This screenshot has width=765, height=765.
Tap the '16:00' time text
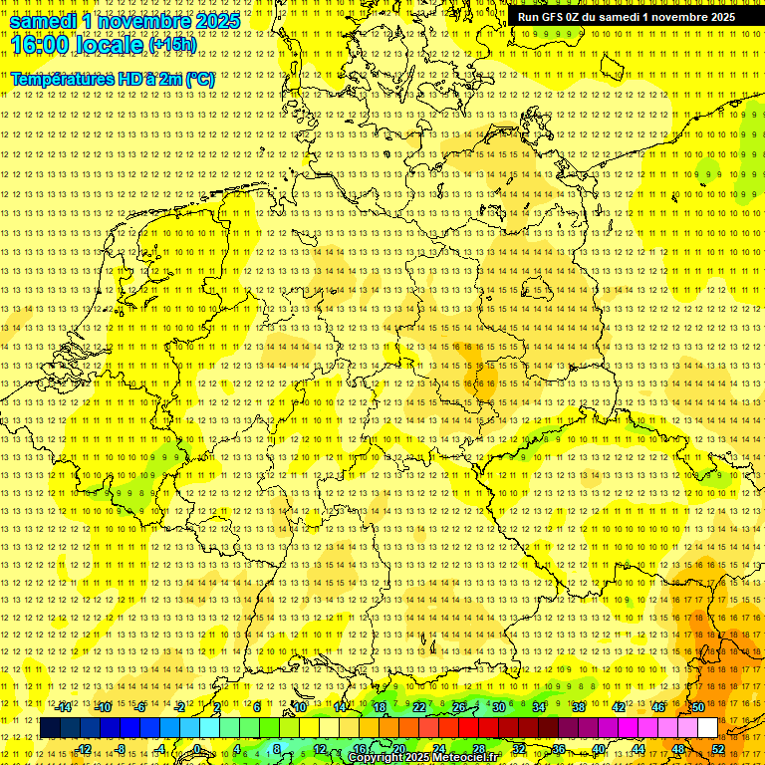45,44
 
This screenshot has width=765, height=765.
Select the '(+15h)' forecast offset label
172,45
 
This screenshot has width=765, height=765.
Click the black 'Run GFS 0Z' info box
627,16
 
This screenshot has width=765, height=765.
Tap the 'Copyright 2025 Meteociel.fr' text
429,758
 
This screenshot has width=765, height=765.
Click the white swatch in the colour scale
708,727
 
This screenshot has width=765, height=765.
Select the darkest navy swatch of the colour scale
51,727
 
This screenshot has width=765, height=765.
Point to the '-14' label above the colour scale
64,707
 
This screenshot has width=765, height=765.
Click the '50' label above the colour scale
697,707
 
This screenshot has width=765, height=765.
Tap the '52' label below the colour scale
717,748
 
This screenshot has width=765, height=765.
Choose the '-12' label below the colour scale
84,748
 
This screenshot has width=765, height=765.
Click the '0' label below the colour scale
198,748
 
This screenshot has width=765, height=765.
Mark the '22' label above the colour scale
419,707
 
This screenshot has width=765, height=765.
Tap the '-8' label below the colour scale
123,748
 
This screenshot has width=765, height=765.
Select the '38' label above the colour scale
579,707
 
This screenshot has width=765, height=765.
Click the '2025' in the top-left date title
215,21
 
